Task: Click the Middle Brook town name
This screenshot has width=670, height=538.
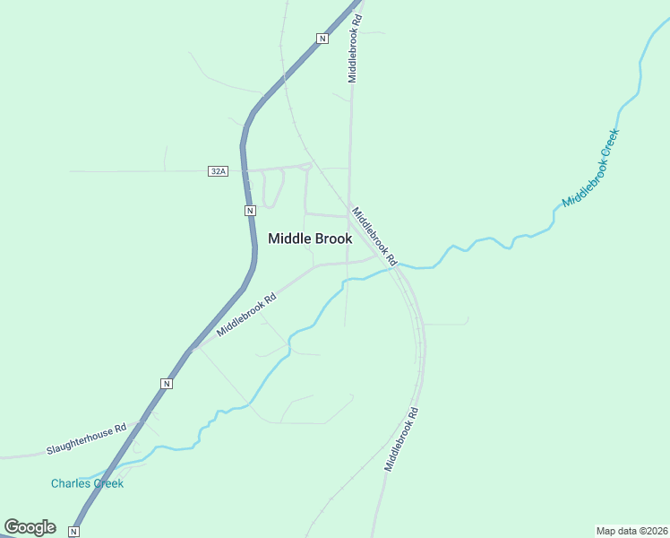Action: [310, 239]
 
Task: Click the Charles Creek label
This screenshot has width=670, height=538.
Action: [87, 483]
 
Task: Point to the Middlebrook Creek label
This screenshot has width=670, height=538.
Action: [591, 168]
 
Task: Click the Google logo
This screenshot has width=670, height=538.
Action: [30, 527]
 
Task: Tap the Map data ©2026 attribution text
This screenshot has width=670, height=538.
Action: [631, 530]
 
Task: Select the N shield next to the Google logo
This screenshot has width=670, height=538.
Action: [74, 532]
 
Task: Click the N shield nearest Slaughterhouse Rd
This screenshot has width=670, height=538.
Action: [166, 384]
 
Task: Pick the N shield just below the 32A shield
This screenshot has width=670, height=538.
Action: [251, 211]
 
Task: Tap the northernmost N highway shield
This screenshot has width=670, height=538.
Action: [322, 38]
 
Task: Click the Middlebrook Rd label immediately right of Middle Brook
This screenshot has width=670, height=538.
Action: [374, 237]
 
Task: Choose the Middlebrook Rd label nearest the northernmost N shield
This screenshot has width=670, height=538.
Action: [355, 49]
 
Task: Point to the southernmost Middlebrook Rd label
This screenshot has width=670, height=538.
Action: [402, 439]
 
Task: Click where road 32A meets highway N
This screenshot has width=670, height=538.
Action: [245, 169]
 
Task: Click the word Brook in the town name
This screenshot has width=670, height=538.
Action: [331, 239]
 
